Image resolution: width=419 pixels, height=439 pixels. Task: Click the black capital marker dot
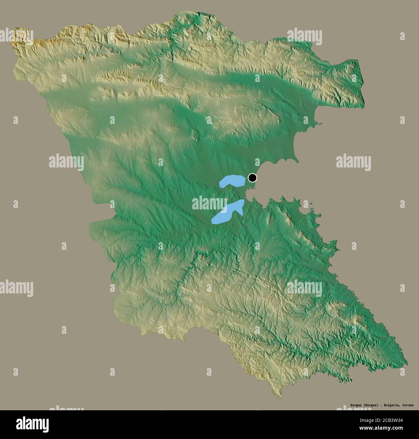click(252, 178)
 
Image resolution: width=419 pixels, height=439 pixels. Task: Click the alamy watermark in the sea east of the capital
click(353, 161)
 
